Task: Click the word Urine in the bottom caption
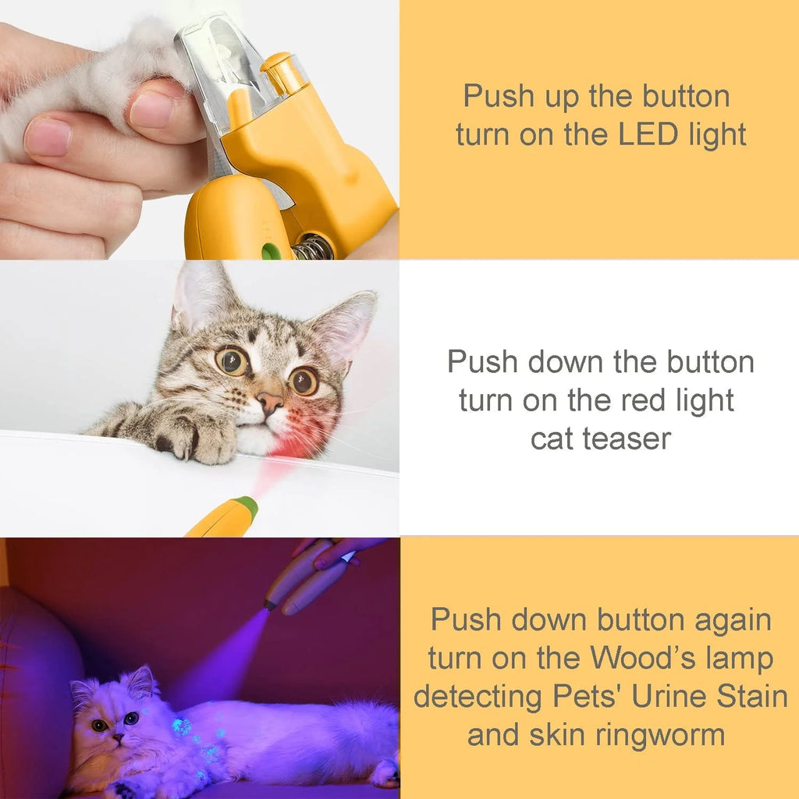click(670, 696)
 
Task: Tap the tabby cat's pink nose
click(270, 403)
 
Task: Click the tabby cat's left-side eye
click(232, 360)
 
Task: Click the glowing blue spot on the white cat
click(182, 726)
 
